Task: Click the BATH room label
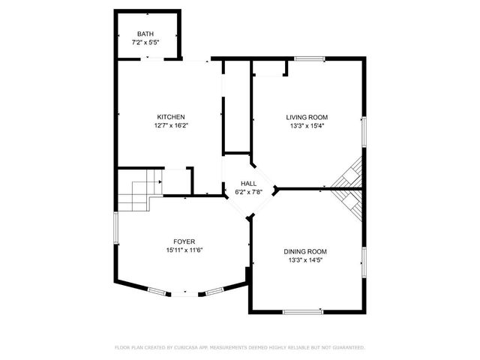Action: (x=145, y=34)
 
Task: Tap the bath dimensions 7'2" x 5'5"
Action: (x=145, y=43)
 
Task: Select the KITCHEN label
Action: (x=170, y=117)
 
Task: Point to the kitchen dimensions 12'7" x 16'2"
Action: (x=170, y=125)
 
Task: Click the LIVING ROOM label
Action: (x=307, y=117)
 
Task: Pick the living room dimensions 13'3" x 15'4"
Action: (x=307, y=125)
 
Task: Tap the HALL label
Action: (x=248, y=184)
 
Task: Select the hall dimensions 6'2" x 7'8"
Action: (x=248, y=192)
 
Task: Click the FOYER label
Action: (x=184, y=241)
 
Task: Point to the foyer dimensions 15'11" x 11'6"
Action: (x=184, y=250)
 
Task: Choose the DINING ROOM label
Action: (x=304, y=251)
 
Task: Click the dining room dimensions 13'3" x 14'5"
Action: (x=304, y=260)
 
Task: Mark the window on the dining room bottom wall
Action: (x=303, y=310)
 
